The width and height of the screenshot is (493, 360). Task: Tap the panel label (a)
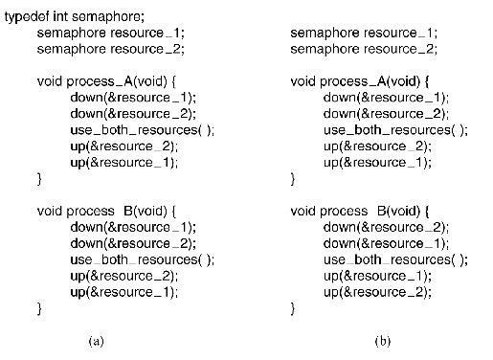click(95, 340)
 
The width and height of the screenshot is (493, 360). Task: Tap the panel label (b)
click(383, 340)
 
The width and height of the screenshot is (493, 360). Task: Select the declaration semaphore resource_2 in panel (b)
click(365, 48)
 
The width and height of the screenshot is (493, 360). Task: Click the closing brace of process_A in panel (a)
click(39, 178)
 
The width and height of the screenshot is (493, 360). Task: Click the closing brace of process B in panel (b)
click(293, 307)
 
